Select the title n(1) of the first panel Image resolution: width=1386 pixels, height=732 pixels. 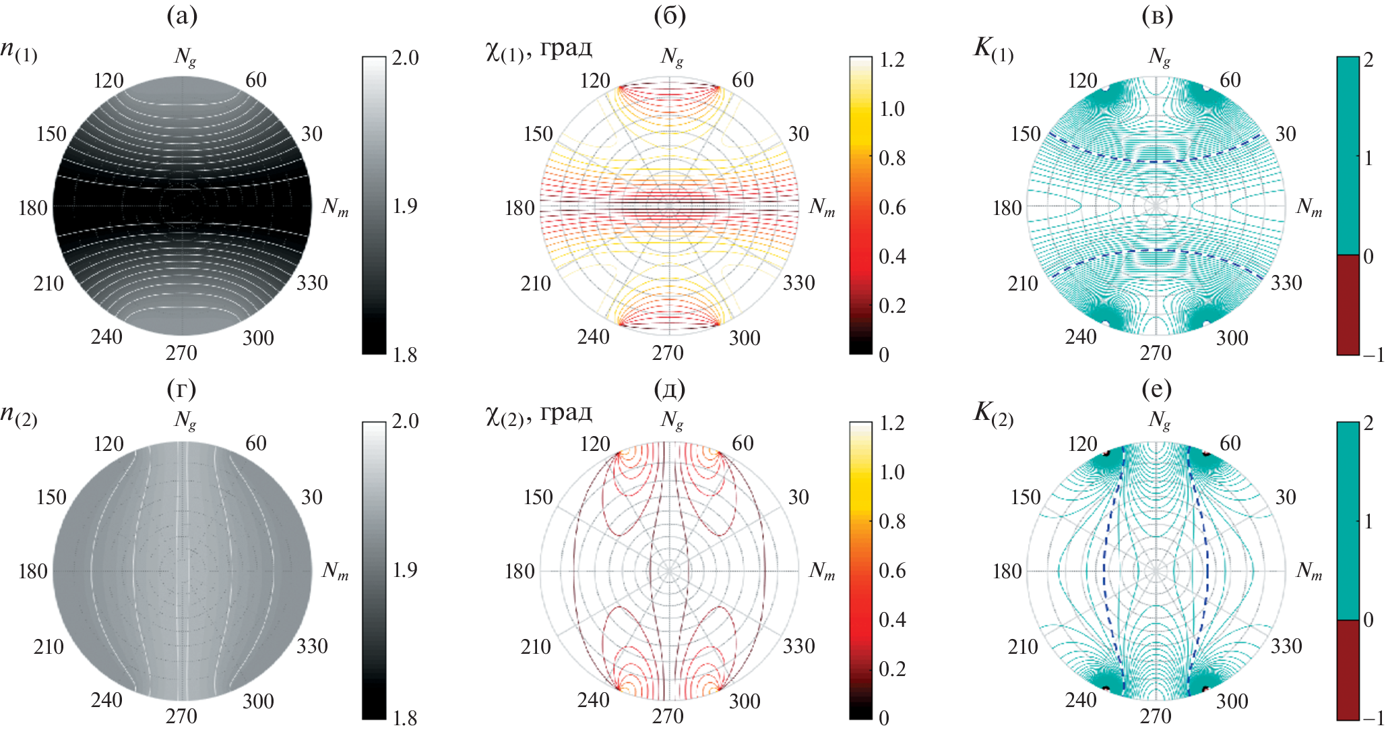(19, 53)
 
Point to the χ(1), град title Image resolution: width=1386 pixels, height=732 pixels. (538, 51)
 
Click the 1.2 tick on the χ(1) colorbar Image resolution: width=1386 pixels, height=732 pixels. (892, 60)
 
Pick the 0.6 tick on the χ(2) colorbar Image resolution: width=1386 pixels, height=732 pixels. (892, 571)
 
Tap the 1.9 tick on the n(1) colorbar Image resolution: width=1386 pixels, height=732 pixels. (405, 206)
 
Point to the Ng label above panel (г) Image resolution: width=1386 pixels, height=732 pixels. (185, 420)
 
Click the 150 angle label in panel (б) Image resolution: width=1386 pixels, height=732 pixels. (538, 134)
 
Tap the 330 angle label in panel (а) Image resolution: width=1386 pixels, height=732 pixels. (312, 282)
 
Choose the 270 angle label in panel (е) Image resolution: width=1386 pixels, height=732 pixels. (1156, 716)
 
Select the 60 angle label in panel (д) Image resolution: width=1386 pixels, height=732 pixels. (743, 444)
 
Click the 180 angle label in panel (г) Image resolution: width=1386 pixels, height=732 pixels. (33, 572)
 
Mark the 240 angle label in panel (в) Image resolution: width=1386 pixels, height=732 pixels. (1081, 337)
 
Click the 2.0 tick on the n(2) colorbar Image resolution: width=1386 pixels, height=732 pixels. (405, 421)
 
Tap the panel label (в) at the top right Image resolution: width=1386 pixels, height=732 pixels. (1157, 17)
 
